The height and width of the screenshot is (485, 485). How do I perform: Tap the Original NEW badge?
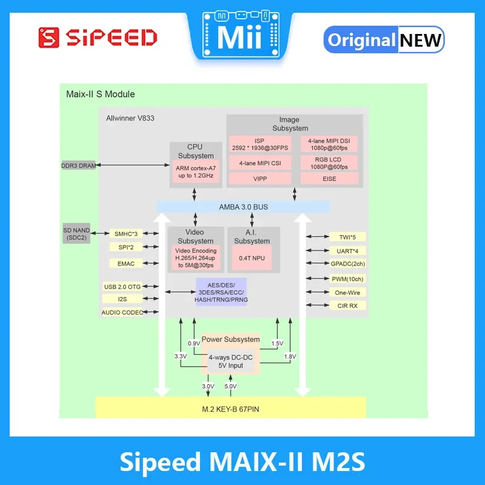point(384,40)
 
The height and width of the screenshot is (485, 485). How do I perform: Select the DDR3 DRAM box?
point(79,166)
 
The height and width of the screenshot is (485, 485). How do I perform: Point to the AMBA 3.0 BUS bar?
point(243,207)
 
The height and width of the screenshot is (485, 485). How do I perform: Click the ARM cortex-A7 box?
point(195,172)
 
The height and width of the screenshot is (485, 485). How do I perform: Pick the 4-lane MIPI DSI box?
point(328,144)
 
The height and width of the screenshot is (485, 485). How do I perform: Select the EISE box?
point(328,179)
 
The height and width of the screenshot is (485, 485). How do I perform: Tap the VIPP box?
point(259,179)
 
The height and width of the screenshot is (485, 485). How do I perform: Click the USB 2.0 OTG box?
point(122,287)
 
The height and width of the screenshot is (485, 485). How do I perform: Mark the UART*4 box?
point(348,250)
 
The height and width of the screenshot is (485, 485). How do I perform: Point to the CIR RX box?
point(348,306)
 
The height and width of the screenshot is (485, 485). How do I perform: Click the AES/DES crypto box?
point(221,292)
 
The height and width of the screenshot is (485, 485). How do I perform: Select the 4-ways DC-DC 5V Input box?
point(226,362)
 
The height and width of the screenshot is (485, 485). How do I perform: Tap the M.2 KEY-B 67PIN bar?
point(231,407)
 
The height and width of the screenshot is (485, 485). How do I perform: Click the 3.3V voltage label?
point(180,356)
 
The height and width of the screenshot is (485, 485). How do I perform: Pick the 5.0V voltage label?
point(231,386)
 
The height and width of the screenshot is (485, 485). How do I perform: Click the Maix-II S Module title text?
point(100,95)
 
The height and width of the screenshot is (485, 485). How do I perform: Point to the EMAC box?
point(126,264)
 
